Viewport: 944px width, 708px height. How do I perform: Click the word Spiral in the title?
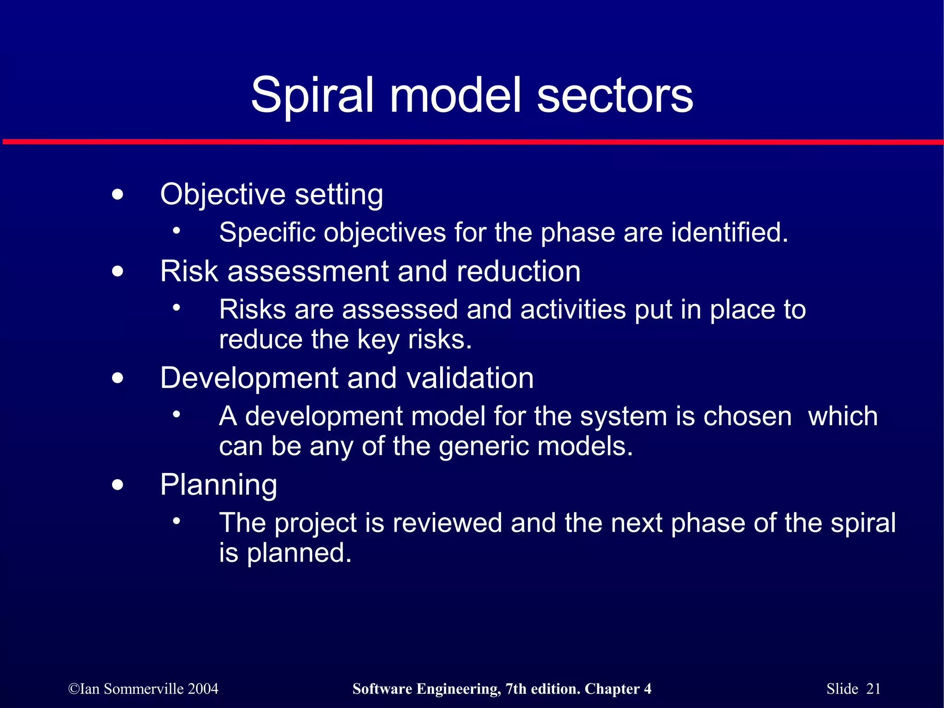[312, 95]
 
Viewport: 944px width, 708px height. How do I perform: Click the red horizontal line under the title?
[472, 142]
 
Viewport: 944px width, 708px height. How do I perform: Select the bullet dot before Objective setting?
[118, 194]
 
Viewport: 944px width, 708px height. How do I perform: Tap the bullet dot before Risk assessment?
[118, 271]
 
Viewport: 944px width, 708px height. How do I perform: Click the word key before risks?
[378, 340]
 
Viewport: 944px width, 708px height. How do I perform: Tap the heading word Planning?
[218, 486]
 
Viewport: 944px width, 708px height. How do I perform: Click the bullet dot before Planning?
[118, 485]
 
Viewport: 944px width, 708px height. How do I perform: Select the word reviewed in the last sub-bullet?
[447, 523]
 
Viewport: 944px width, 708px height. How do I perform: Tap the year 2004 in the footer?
[203, 689]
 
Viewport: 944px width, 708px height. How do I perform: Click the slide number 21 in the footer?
[873, 689]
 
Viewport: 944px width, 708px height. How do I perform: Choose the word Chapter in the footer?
[612, 689]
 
